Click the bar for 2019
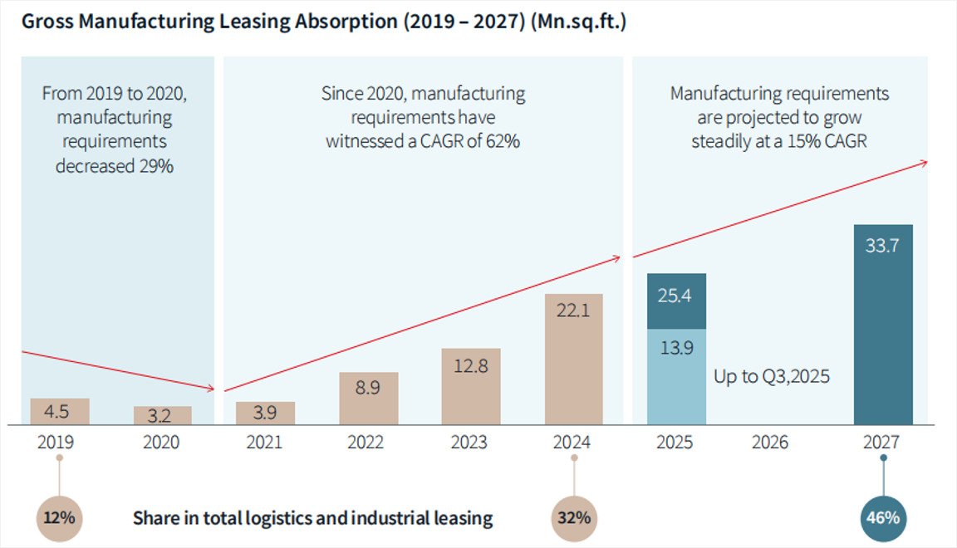tap(59, 412)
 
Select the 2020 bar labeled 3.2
tap(163, 416)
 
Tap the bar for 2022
tap(369, 399)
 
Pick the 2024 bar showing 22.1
tap(573, 360)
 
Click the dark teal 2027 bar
tap(883, 325)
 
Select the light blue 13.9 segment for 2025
tap(676, 376)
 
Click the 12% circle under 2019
tap(59, 518)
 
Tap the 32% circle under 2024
tap(574, 518)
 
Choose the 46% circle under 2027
tap(883, 518)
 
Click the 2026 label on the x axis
tap(770, 443)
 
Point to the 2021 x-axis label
tap(265, 443)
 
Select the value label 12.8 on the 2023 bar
tap(470, 366)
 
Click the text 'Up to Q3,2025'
tap(772, 376)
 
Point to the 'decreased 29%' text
tap(115, 165)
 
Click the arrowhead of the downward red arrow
tap(211, 388)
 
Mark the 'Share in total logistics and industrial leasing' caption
tap(312, 519)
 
